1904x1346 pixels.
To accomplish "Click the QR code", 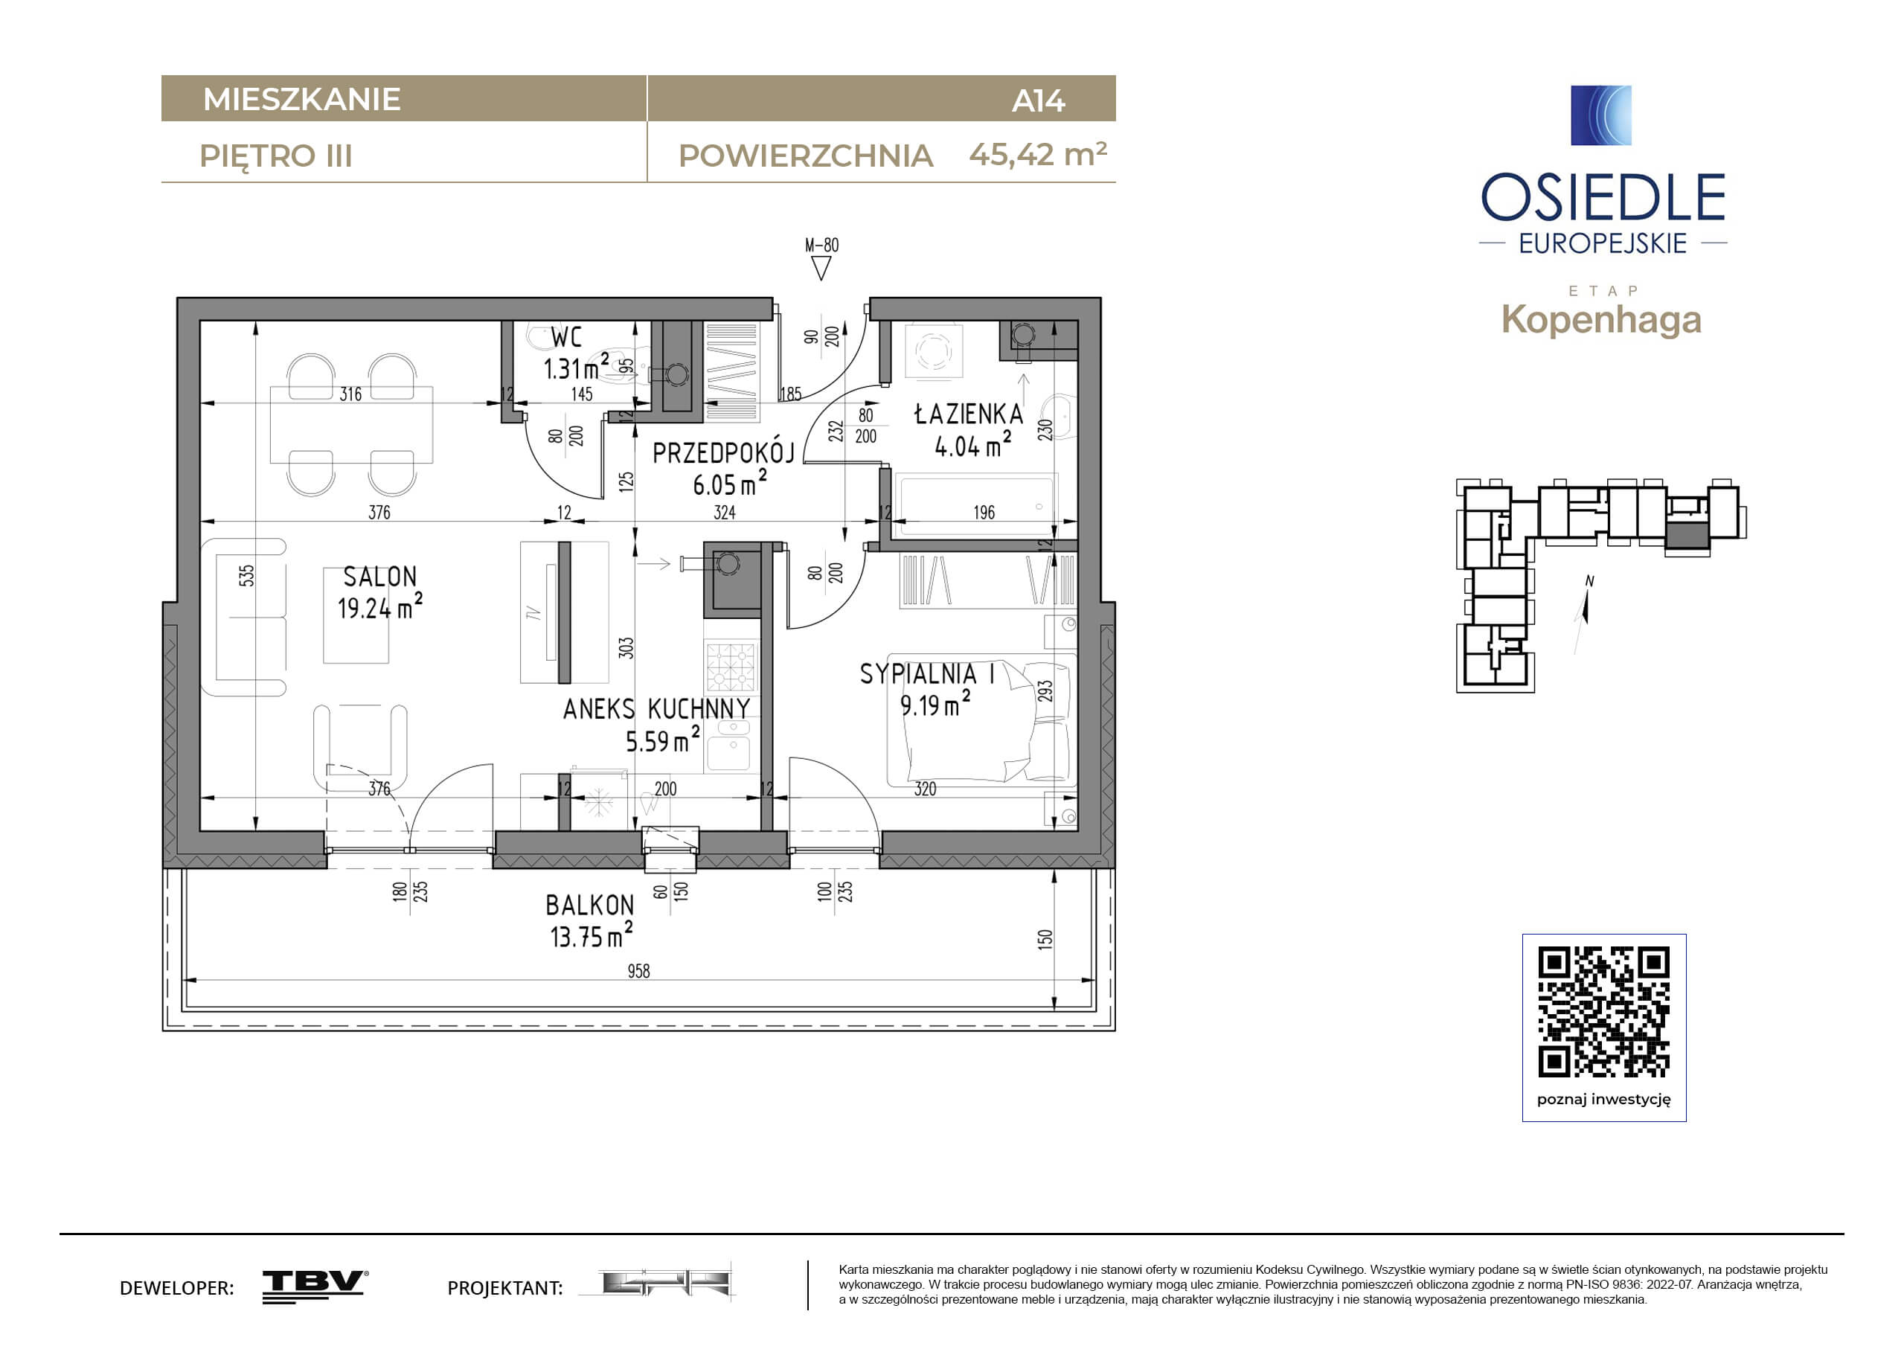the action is (1604, 1012).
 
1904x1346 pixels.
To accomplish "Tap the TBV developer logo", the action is (315, 1286).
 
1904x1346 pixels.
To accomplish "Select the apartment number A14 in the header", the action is (1038, 100).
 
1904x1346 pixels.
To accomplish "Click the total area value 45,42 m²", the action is (1038, 154).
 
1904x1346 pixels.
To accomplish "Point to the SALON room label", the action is (379, 577).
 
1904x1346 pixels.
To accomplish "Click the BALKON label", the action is (589, 905).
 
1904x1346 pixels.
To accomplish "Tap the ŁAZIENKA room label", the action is (969, 413).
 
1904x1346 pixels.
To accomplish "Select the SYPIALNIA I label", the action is (927, 673).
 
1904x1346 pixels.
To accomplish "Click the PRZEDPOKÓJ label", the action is (723, 453).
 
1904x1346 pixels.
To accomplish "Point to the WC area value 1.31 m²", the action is (577, 367).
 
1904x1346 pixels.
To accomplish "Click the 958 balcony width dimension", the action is (638, 970).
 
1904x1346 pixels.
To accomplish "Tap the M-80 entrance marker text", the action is (822, 245).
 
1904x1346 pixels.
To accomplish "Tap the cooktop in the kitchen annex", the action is (731, 667).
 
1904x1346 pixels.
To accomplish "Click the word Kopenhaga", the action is (1601, 320).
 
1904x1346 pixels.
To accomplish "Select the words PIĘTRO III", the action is (276, 156).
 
